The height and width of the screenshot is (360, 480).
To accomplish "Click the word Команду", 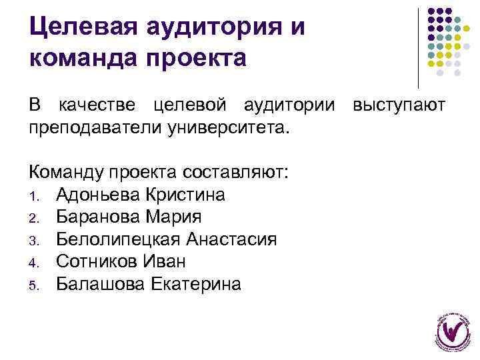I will point(69,173).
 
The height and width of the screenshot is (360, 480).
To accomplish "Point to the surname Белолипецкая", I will point(118,239).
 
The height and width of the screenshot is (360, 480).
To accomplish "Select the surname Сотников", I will point(95,261).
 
